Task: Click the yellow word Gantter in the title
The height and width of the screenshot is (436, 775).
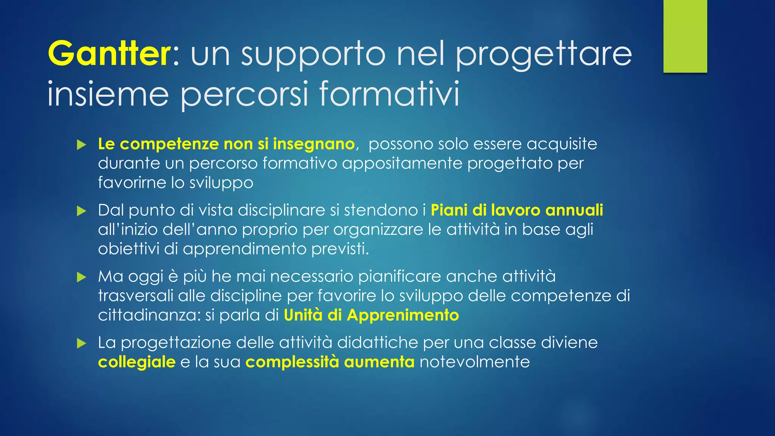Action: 109,53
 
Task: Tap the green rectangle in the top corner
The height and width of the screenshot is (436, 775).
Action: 685,36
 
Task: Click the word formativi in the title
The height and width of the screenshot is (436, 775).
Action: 390,93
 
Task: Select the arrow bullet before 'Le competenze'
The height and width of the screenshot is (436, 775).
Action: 81,145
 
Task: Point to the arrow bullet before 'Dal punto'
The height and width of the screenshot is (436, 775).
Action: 81,211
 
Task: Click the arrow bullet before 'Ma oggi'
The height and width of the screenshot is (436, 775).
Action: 81,277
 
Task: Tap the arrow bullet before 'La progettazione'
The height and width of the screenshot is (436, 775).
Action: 81,343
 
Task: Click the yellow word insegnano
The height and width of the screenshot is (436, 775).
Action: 314,144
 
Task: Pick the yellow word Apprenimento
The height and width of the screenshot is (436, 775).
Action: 403,315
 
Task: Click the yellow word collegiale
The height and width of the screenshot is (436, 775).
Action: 137,362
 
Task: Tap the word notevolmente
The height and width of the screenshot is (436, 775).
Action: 475,362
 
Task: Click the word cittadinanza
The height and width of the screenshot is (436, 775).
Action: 149,315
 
